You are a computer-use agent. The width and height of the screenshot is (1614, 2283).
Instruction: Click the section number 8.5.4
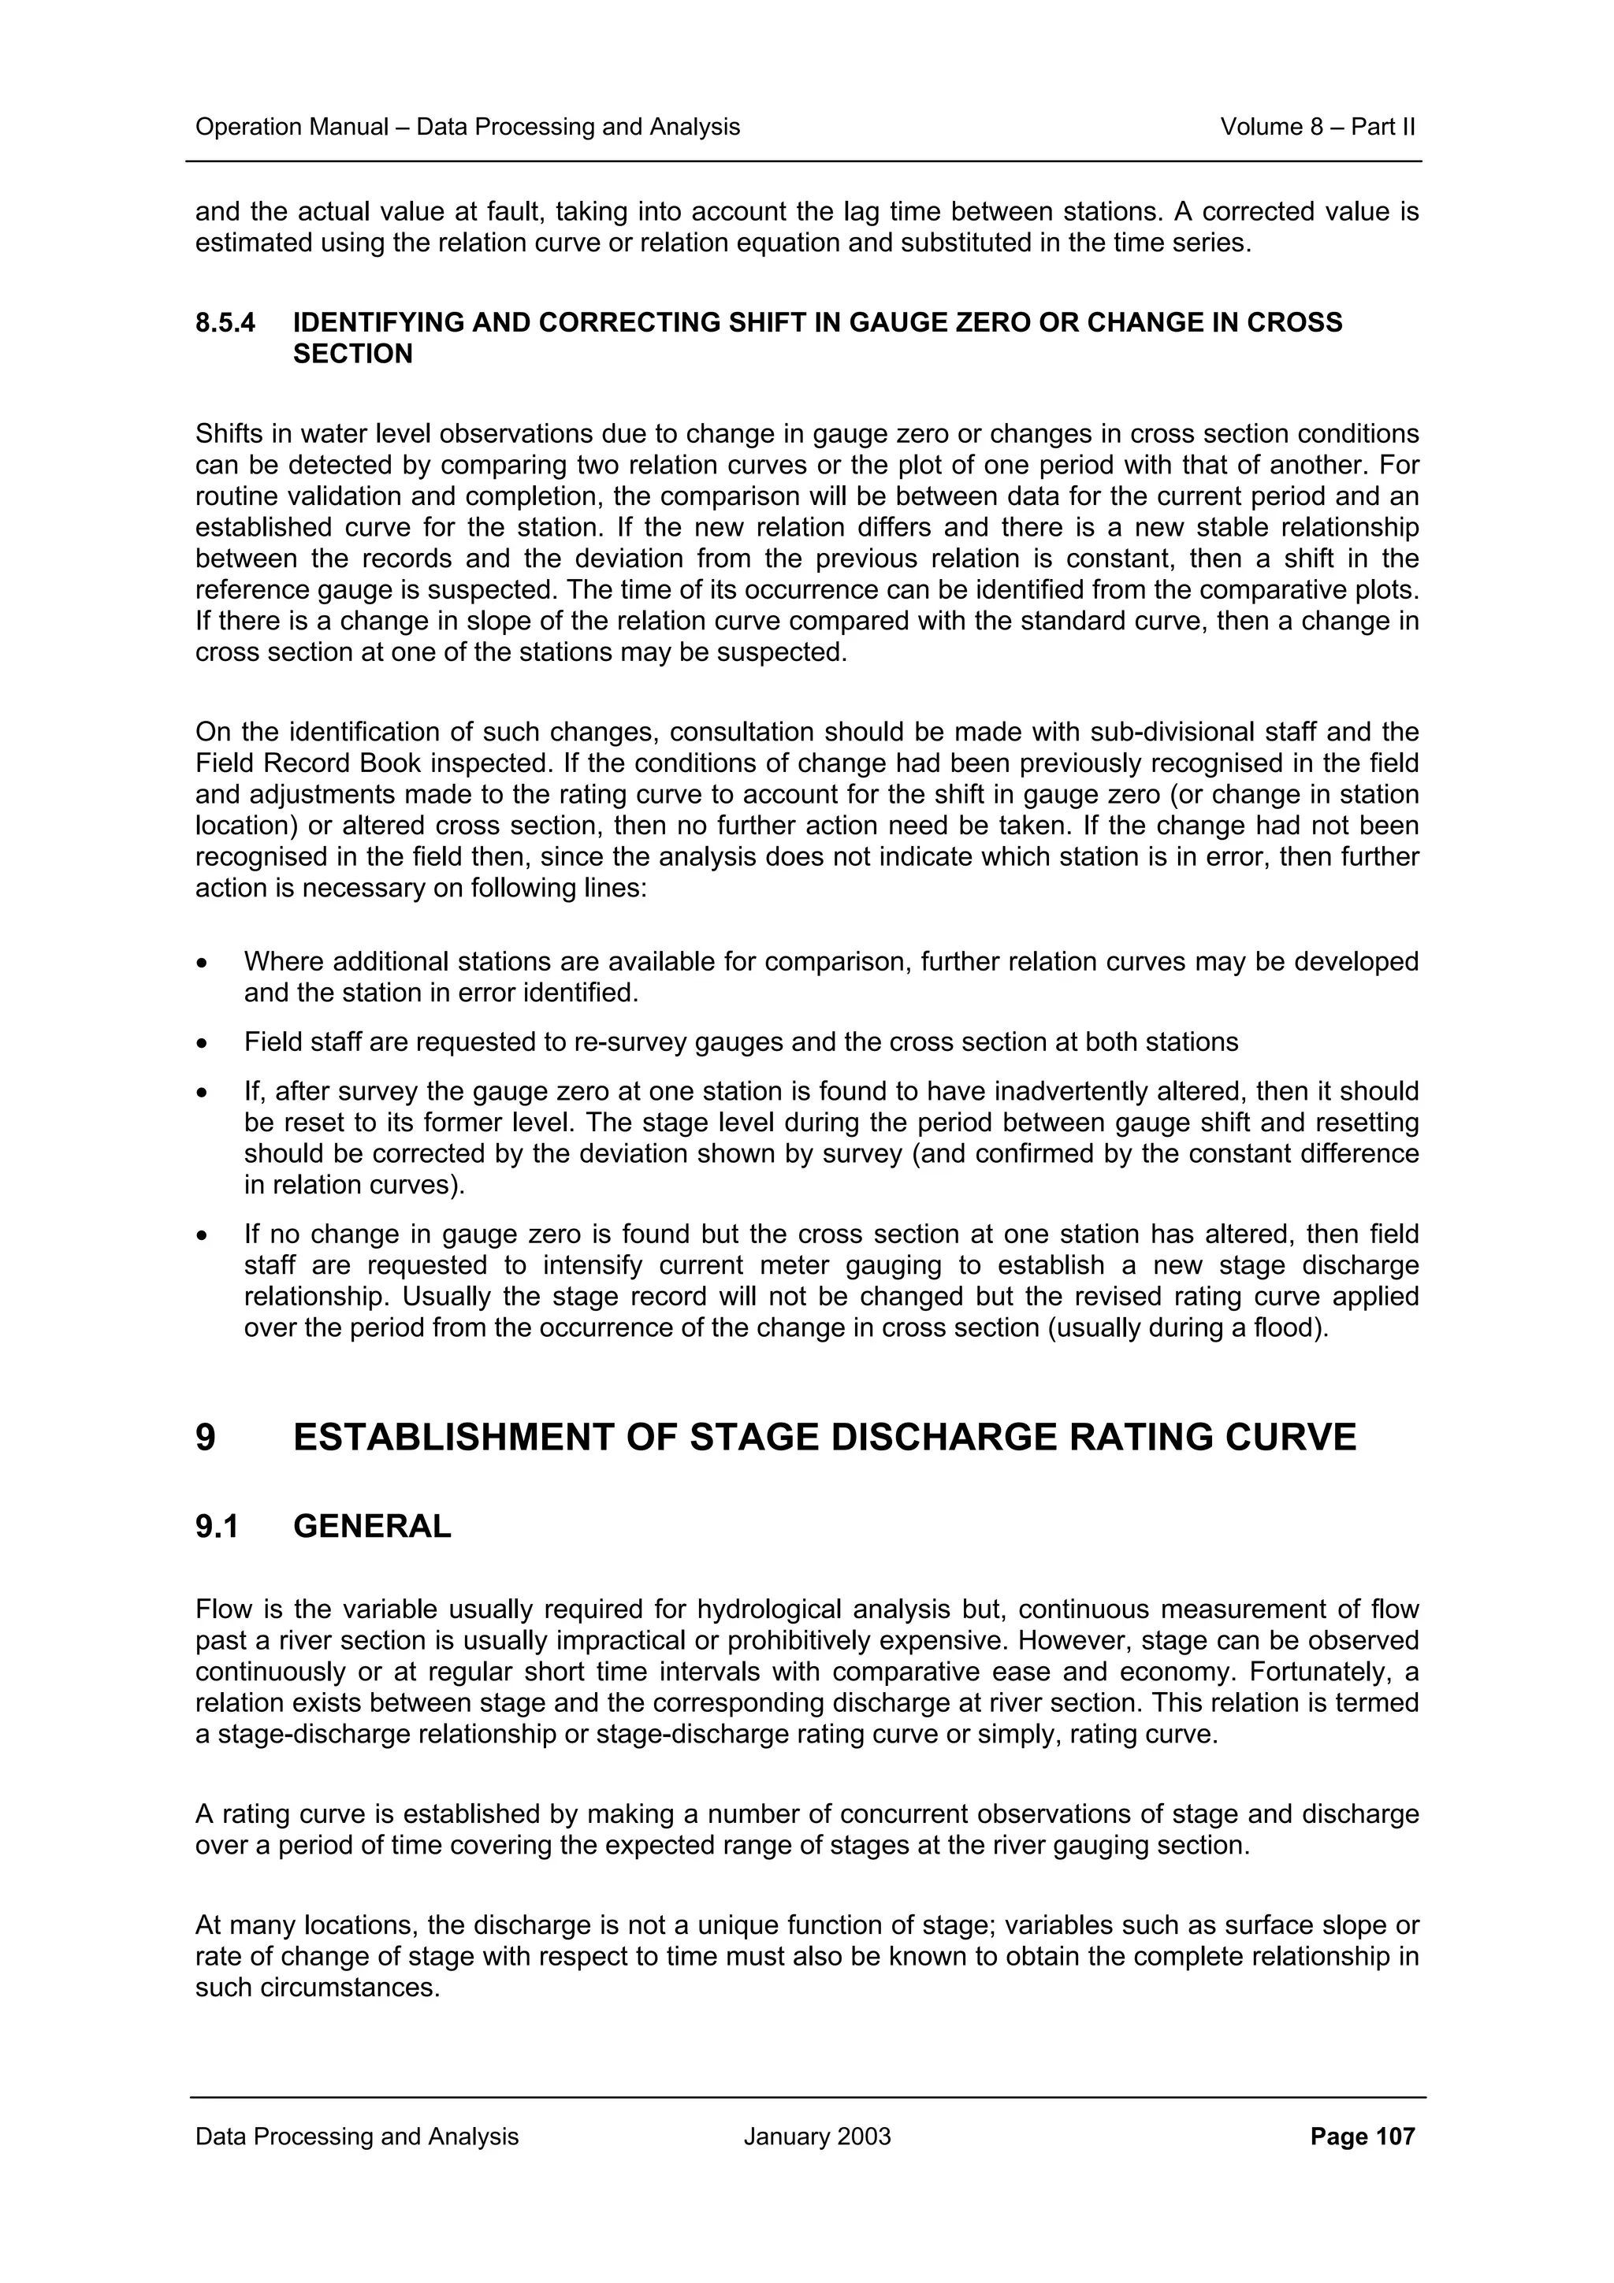click(x=225, y=322)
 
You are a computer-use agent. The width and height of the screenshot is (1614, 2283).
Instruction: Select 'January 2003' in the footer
click(x=816, y=2136)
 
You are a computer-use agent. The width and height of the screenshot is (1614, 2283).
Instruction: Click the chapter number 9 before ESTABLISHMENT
click(x=205, y=1438)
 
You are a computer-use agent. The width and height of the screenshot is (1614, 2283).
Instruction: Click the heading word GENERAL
click(x=372, y=1526)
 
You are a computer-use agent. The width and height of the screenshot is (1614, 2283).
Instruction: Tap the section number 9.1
click(x=217, y=1526)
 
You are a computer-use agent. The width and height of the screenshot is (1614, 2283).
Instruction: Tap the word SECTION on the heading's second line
click(x=352, y=354)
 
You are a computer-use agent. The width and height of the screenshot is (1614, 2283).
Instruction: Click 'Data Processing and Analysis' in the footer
click(x=356, y=2136)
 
